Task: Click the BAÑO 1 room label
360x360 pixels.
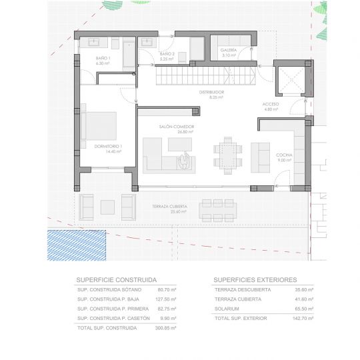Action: [x=103, y=58]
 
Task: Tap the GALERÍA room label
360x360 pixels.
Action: [x=229, y=50]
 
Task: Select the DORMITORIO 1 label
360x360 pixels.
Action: [x=108, y=146]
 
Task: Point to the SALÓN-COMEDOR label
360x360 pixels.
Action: [x=177, y=127]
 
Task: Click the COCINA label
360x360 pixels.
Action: [x=284, y=155]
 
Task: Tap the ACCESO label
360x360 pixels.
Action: [x=271, y=104]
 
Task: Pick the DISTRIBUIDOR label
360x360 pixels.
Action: [x=211, y=92]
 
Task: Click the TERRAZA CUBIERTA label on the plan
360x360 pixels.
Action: [x=170, y=207]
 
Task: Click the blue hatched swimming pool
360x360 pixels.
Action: [x=77, y=245]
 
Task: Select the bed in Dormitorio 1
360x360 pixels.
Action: [x=98, y=126]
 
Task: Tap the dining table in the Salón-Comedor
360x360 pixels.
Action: [x=228, y=155]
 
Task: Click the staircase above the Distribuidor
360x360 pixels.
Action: [x=206, y=76]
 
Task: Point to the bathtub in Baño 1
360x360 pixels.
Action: [x=129, y=55]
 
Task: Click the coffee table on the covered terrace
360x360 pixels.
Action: [x=107, y=207]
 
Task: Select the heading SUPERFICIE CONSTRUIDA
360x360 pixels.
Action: [x=117, y=280]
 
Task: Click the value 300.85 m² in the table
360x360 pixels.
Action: [x=165, y=328]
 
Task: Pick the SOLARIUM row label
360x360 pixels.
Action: [x=227, y=309]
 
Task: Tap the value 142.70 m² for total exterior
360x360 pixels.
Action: [x=303, y=319]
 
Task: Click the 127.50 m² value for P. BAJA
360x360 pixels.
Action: [x=166, y=299]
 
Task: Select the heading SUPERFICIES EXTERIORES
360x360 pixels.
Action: [x=255, y=280]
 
